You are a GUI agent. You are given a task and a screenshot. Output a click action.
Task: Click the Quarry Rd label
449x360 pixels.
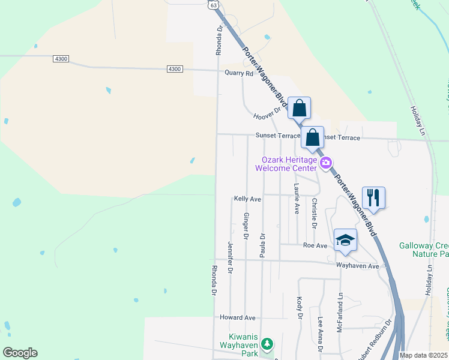(x=239, y=73)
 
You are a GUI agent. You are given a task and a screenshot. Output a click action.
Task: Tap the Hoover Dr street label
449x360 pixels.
(x=267, y=113)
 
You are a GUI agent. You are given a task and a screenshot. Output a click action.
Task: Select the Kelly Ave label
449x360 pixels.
(x=247, y=199)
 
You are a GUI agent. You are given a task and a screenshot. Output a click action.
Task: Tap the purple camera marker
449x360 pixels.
(x=326, y=162)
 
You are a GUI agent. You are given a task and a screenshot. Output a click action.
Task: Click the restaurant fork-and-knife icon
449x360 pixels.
(x=373, y=197)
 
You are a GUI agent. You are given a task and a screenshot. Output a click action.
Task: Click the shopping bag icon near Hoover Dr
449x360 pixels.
(x=299, y=109)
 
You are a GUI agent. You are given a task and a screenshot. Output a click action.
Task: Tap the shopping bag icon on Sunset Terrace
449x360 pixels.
(x=312, y=137)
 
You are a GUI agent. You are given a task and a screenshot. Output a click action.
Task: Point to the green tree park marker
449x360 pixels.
(x=268, y=344)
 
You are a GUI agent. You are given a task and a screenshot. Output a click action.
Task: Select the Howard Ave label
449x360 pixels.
(x=238, y=317)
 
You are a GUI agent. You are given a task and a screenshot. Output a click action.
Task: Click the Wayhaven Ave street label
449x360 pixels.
(x=358, y=265)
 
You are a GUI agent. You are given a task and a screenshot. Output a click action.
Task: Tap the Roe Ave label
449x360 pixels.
(x=315, y=245)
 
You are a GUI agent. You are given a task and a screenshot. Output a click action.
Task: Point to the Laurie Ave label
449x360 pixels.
(x=297, y=199)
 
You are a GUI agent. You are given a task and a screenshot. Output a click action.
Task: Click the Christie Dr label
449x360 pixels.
(x=314, y=212)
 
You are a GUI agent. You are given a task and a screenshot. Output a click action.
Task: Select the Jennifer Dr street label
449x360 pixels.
(x=231, y=257)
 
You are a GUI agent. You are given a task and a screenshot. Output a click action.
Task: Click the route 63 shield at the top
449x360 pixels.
(x=213, y=4)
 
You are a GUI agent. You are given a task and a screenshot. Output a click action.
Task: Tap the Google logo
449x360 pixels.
(x=20, y=353)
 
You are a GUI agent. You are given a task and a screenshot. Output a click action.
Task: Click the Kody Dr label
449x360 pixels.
(x=299, y=308)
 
